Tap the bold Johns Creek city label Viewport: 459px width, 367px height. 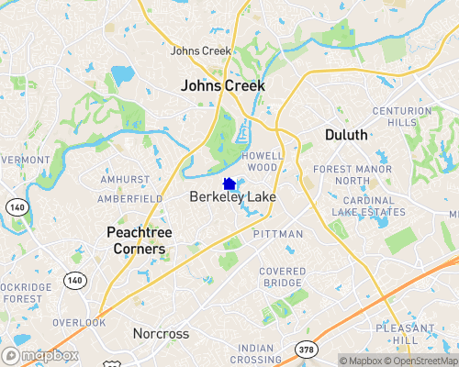tap(223, 85)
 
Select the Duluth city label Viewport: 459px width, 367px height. tap(346, 135)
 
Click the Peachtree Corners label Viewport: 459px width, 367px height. tap(135, 240)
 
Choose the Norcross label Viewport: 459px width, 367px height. tap(161, 333)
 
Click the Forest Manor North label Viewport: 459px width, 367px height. tap(353, 175)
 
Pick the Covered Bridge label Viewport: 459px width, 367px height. tap(282, 277)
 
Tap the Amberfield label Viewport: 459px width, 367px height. tap(130, 198)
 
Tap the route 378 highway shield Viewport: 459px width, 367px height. tap(307, 349)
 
